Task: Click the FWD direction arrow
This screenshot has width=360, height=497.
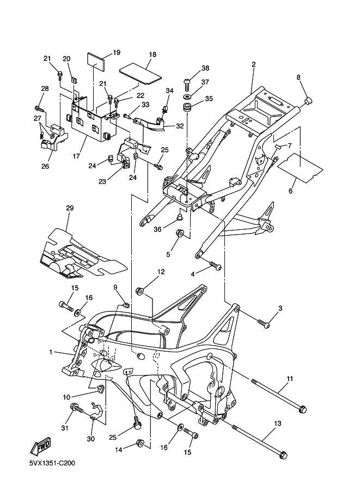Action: [41, 446]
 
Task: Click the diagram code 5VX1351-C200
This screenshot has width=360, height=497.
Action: [52, 464]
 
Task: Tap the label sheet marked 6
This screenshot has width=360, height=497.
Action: [298, 166]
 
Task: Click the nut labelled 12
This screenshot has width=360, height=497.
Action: [139, 291]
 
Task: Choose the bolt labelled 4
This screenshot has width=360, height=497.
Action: [216, 267]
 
